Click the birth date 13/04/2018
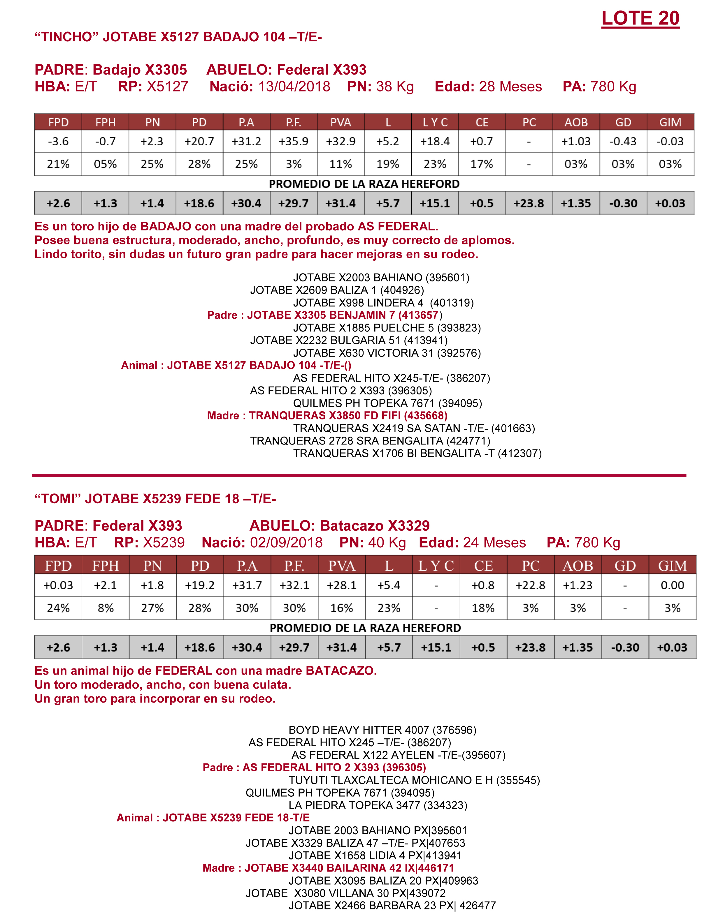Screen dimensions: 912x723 [294, 87]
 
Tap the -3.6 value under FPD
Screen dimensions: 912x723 [58, 141]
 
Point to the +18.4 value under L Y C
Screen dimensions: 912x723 [435, 141]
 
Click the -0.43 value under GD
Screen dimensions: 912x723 [623, 141]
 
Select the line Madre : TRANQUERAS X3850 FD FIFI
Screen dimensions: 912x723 [327, 416]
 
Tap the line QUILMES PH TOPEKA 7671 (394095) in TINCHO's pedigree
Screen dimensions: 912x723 [387, 403]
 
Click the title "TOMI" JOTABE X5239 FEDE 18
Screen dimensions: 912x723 [155, 499]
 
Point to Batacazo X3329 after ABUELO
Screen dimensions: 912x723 [375, 526]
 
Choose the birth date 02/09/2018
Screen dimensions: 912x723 [286, 543]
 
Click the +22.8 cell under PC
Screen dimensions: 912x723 [530, 585]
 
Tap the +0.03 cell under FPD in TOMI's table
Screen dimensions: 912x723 [58, 585]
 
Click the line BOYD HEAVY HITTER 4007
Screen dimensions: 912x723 [382, 730]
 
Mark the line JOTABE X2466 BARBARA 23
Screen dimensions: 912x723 [392, 906]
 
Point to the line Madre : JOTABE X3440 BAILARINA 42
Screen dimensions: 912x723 [328, 868]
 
